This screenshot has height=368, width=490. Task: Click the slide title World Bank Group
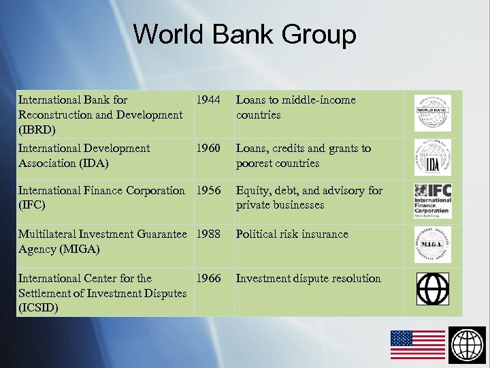[244, 34]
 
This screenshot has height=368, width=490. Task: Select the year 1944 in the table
[208, 100]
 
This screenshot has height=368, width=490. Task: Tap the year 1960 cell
[208, 149]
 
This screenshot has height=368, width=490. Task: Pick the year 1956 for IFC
[208, 191]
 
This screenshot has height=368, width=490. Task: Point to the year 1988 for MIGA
[208, 234]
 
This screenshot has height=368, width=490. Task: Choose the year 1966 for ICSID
[208, 279]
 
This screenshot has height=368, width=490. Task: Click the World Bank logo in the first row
[432, 113]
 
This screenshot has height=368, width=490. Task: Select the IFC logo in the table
[432, 200]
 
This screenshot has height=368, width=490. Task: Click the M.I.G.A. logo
[432, 245]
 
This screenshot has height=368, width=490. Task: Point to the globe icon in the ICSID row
[432, 289]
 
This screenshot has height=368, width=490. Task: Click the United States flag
[417, 344]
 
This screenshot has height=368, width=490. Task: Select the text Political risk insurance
[291, 234]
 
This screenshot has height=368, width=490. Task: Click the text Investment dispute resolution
[308, 279]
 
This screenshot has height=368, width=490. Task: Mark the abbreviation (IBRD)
[37, 129]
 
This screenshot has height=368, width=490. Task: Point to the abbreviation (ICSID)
[38, 308]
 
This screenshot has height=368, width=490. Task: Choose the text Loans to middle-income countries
[295, 108]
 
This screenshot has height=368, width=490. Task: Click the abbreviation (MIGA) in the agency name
[80, 249]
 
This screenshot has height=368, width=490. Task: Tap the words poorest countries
[277, 164]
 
